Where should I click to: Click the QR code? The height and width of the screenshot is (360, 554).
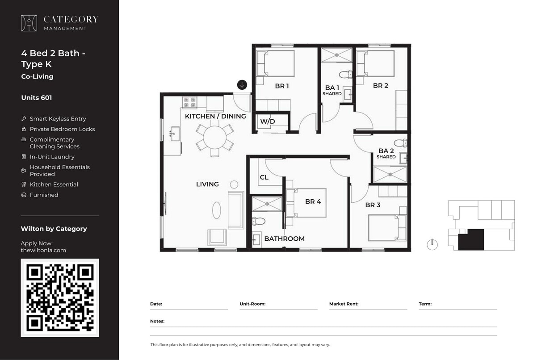pyautogui.click(x=60, y=297)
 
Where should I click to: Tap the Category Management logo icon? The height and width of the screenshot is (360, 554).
pyautogui.click(x=29, y=23)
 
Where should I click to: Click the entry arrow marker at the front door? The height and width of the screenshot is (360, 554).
pyautogui.click(x=242, y=85)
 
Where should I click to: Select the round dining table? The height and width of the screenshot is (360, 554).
pyautogui.click(x=215, y=138)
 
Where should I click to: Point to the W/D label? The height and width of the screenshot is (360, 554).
pyautogui.click(x=268, y=121)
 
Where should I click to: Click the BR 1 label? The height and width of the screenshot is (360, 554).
pyautogui.click(x=282, y=86)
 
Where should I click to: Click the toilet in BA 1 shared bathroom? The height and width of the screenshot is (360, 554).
pyautogui.click(x=345, y=74)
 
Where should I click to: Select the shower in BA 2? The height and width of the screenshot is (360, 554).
pyautogui.click(x=390, y=175)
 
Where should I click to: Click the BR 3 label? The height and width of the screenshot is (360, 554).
pyautogui.click(x=373, y=205)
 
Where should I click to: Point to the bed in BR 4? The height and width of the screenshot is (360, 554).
pyautogui.click(x=308, y=202)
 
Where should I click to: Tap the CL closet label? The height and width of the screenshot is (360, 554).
pyautogui.click(x=264, y=177)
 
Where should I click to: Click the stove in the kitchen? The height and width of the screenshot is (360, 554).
pyautogui.click(x=189, y=102)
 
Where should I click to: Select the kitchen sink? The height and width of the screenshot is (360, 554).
pyautogui.click(x=175, y=133)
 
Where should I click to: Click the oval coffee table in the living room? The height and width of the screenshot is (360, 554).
pyautogui.click(x=217, y=210)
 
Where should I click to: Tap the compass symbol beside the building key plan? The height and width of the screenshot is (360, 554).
pyautogui.click(x=432, y=244)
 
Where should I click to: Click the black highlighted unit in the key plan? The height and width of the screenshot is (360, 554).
pyautogui.click(x=471, y=239)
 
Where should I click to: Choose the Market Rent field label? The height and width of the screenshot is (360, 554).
pyautogui.click(x=344, y=304)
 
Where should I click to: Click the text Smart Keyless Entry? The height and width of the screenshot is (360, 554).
pyautogui.click(x=58, y=119)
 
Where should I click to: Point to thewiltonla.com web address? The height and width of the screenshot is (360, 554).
pyautogui.click(x=43, y=250)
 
